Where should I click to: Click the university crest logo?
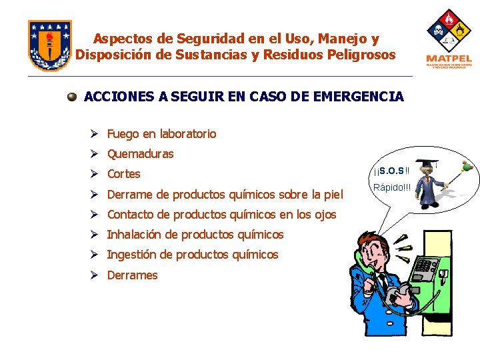(49, 45)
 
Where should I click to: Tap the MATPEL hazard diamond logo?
(449, 39)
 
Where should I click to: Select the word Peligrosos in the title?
(361, 55)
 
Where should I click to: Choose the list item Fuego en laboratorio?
(161, 133)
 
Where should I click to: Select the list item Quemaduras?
(140, 154)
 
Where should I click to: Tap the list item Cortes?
(124, 174)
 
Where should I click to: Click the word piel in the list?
(333, 195)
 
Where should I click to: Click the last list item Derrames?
(132, 275)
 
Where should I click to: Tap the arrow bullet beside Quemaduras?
(97, 154)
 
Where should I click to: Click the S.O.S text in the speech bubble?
(393, 171)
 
